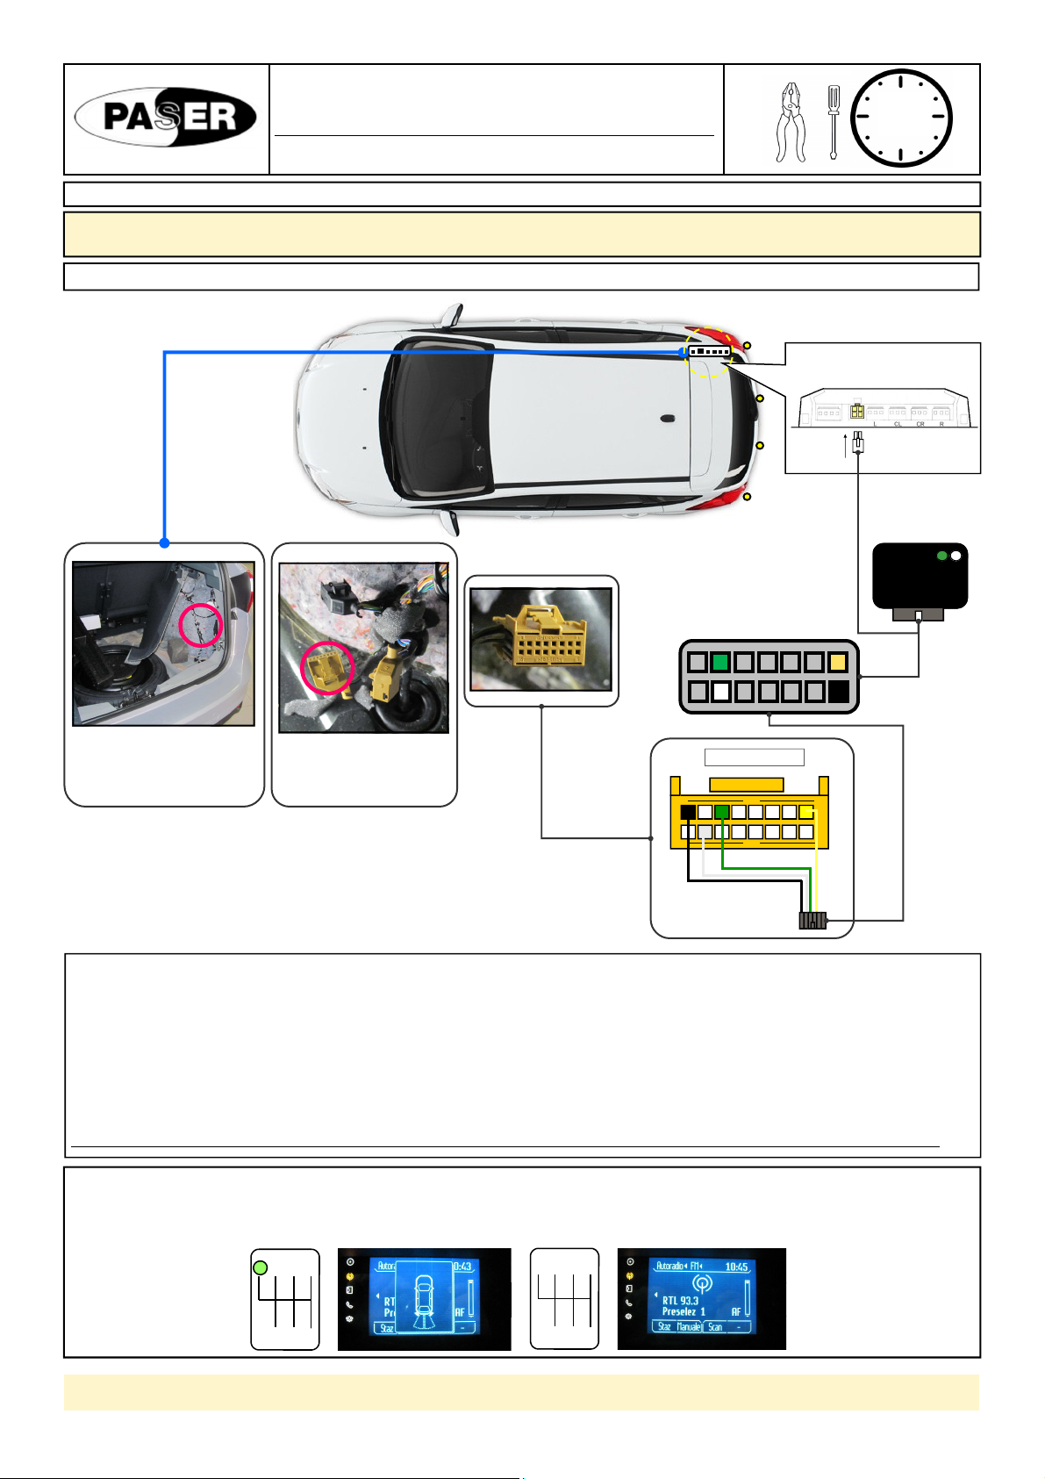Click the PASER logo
pyautogui.click(x=166, y=117)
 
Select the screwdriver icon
pyautogui.click(x=833, y=121)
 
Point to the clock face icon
pyautogui.click(x=901, y=118)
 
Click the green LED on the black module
pyautogui.click(x=941, y=556)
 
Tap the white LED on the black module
pyautogui.click(x=956, y=556)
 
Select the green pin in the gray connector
pyautogui.click(x=720, y=663)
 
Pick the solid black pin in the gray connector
pyautogui.click(x=838, y=691)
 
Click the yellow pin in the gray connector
pyautogui.click(x=837, y=663)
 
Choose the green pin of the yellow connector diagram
pyautogui.click(x=722, y=813)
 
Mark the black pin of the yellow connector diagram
pyautogui.click(x=689, y=813)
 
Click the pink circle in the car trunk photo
pyautogui.click(x=201, y=625)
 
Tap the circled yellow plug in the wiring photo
pyautogui.click(x=327, y=670)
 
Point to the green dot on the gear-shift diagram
pyautogui.click(x=260, y=1268)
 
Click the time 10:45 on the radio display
pyautogui.click(x=736, y=1267)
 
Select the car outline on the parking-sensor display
pyautogui.click(x=425, y=1300)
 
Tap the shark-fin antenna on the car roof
pyautogui.click(x=669, y=419)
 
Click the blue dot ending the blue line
pyautogui.click(x=164, y=543)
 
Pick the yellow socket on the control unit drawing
pyautogui.click(x=856, y=411)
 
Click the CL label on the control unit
pyautogui.click(x=898, y=424)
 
